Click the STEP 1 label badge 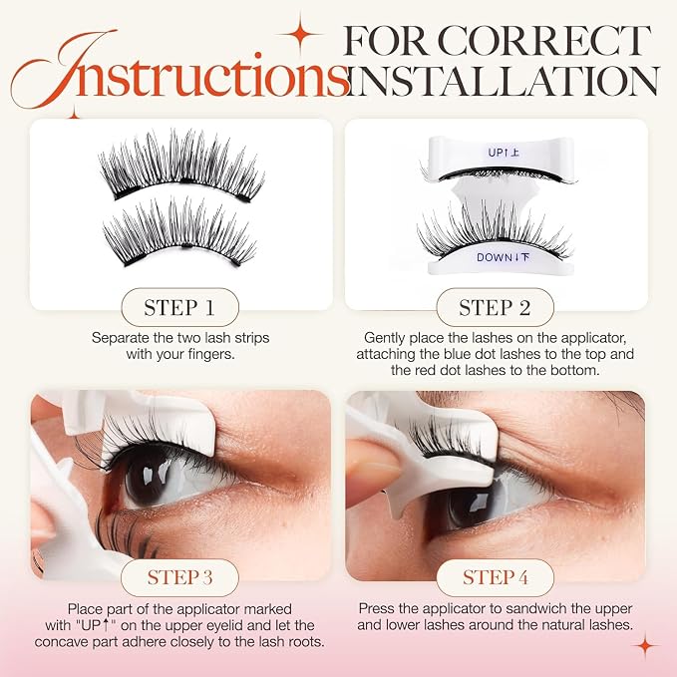click(x=180, y=307)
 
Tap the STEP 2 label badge click(x=495, y=307)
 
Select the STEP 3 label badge click(x=180, y=577)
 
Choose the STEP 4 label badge click(x=495, y=577)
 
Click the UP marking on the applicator click(x=504, y=153)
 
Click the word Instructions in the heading click(x=179, y=69)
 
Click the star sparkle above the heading click(x=300, y=34)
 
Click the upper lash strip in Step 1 click(x=181, y=169)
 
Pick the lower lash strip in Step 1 click(x=179, y=233)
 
